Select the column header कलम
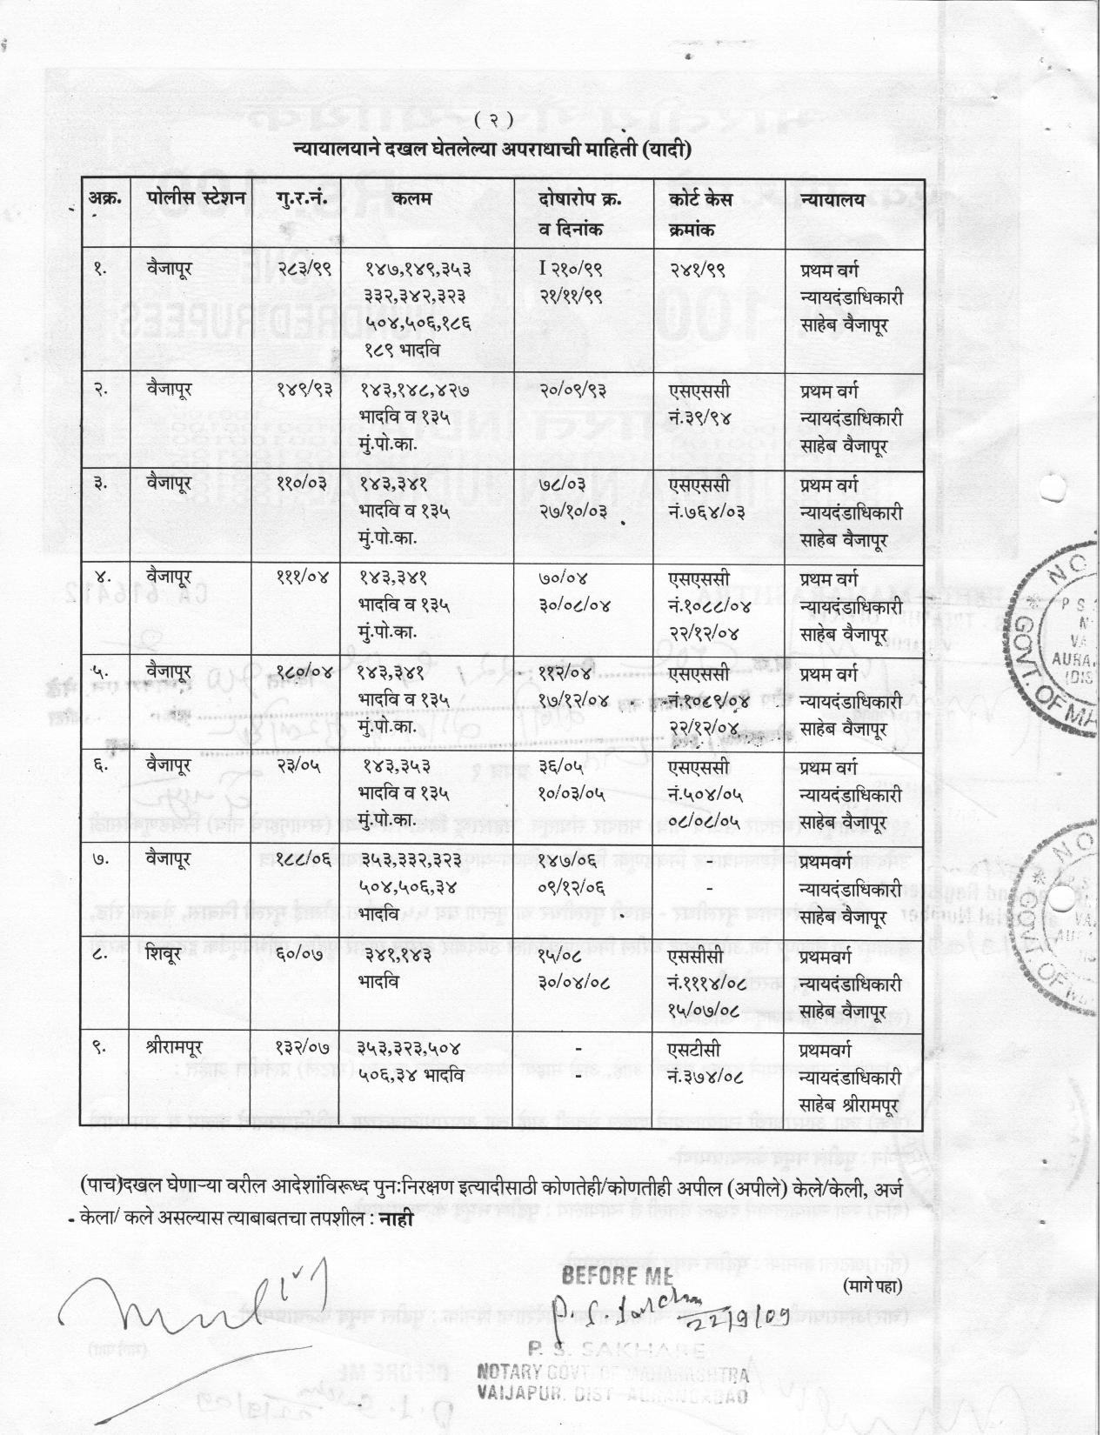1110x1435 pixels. tap(411, 199)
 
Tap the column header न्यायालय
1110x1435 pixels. tap(832, 199)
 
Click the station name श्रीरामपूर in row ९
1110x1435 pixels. tap(180, 1046)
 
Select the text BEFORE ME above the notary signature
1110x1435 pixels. tap(617, 1276)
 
